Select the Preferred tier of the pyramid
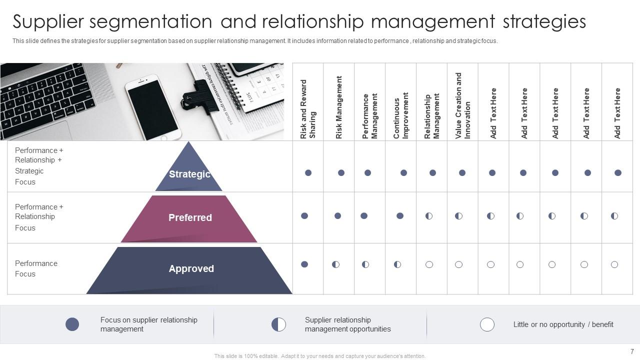pyautogui.click(x=189, y=218)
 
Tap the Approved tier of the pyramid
pyautogui.click(x=191, y=269)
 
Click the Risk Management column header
pyautogui.click(x=339, y=107)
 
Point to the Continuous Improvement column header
pyautogui.click(x=401, y=115)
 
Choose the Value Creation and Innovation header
pyautogui.click(x=463, y=105)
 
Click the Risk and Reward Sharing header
pyautogui.click(x=308, y=109)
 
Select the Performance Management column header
pyautogui.click(x=370, y=116)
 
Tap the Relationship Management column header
pyautogui.click(x=432, y=116)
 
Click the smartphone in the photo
pyautogui.click(x=152, y=107)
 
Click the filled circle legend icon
pyautogui.click(x=72, y=324)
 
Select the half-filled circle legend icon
pyautogui.click(x=278, y=324)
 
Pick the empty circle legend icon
pyautogui.click(x=487, y=324)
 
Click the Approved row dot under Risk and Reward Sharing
pyautogui.click(x=304, y=264)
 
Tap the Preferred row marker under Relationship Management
pyautogui.click(x=429, y=216)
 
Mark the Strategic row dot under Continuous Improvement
pyautogui.click(x=403, y=173)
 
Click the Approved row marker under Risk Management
pyautogui.click(x=335, y=264)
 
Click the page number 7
pyautogui.click(x=632, y=351)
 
